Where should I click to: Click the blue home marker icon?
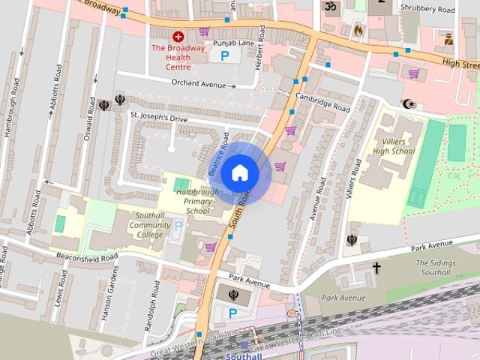(240, 172)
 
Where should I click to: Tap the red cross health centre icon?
(178, 36)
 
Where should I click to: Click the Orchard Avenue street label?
(199, 84)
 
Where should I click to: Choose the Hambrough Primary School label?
(197, 202)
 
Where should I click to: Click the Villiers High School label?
(393, 146)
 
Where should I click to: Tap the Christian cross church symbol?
(376, 268)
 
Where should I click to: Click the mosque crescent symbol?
(408, 103)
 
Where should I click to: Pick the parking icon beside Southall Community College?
(178, 225)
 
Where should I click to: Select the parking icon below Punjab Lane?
(226, 55)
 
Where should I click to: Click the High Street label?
(459, 64)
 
